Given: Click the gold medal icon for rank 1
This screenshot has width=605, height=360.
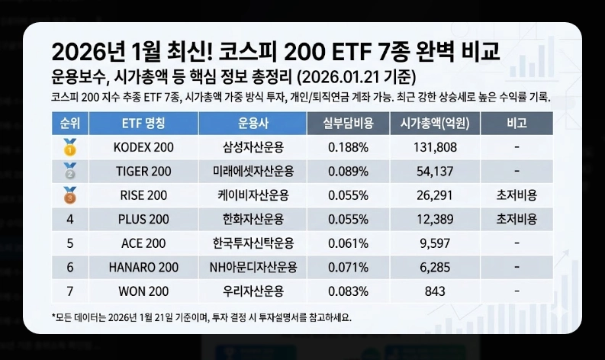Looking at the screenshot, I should [70, 147].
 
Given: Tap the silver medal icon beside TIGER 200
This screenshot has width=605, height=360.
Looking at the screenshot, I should [70, 172].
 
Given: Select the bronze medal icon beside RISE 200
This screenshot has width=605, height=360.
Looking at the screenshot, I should [70, 195].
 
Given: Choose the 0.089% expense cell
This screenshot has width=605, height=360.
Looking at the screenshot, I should [348, 172].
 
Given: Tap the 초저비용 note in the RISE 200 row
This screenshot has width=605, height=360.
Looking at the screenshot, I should [517, 195].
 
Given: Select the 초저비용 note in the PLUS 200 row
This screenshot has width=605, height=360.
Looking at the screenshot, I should [517, 220].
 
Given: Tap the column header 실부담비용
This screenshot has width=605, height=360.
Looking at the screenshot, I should [348, 123].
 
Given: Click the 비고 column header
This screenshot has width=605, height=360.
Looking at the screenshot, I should [517, 123].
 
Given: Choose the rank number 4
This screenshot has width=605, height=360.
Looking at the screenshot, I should [70, 220].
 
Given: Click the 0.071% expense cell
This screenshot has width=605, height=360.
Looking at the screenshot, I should [348, 268].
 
